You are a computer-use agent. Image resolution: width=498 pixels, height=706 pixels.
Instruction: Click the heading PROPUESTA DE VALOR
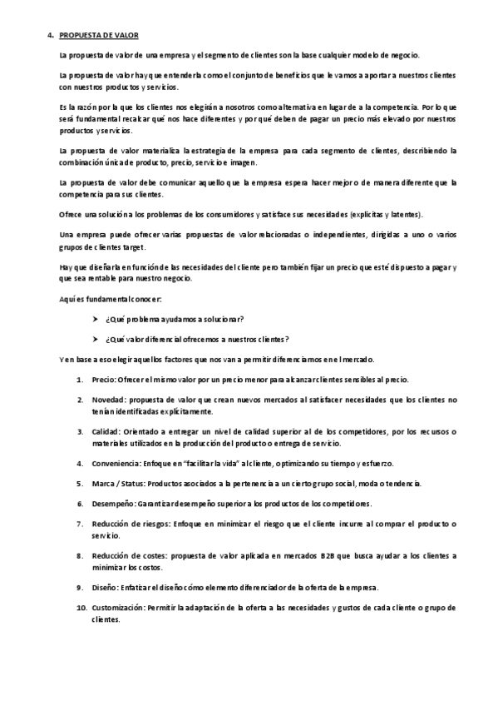coord(100,35)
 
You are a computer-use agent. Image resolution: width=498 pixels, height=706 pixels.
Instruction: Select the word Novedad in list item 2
coord(107,400)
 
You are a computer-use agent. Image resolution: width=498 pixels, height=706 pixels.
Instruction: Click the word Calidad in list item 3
coord(106,431)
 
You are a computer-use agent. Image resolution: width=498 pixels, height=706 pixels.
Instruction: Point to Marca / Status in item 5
coord(117,483)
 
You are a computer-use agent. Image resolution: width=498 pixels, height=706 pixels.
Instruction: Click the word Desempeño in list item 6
coord(112,504)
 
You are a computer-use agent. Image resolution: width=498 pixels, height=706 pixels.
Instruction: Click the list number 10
coord(81,608)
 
